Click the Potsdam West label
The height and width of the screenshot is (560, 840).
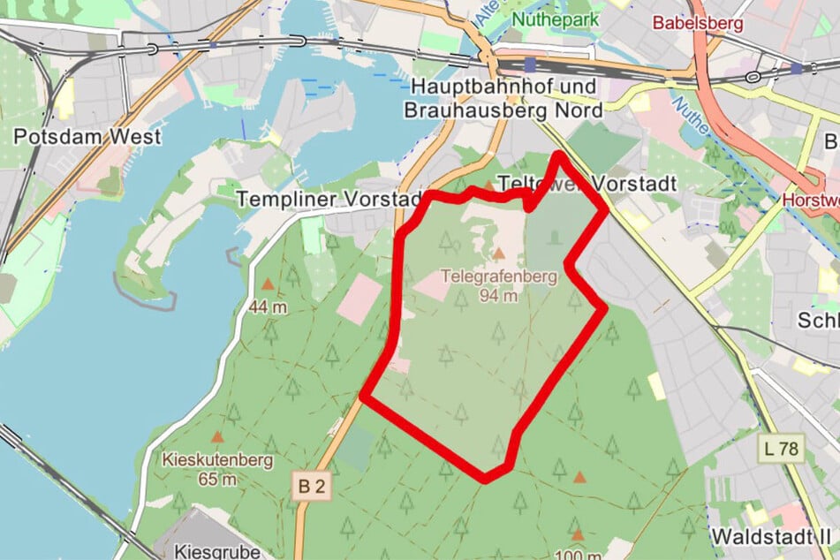tap(88, 137)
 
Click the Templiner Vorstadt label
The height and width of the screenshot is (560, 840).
tap(331, 200)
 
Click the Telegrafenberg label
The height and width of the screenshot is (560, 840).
tap(503, 276)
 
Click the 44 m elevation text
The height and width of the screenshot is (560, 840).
tap(268, 307)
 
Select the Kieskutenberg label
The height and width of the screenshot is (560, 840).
tap(218, 460)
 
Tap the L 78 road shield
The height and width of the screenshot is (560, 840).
tap(781, 449)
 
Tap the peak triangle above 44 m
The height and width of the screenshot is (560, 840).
tap(268, 285)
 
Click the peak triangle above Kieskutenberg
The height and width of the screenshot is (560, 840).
tap(217, 437)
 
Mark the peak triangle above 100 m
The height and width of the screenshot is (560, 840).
tap(578, 534)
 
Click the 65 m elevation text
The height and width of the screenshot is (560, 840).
tap(217, 480)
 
